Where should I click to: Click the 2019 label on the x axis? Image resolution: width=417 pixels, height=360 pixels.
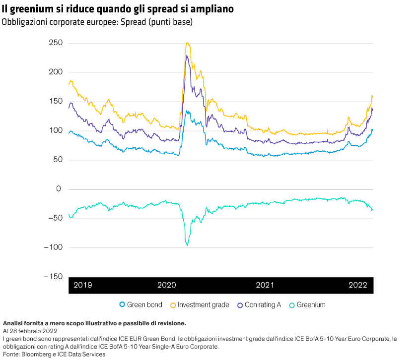[82, 285]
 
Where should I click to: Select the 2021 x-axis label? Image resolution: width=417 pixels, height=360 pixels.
[265, 285]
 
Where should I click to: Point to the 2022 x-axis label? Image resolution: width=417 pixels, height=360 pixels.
[357, 285]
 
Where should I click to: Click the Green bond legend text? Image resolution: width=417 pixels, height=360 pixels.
[144, 305]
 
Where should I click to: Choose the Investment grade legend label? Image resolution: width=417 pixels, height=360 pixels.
[204, 305]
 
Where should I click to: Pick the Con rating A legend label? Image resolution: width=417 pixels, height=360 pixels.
[263, 305]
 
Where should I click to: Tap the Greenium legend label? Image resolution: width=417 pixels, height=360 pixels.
[311, 305]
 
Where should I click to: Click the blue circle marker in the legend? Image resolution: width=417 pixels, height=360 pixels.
[122, 305]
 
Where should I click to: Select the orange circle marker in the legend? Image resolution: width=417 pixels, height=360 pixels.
[173, 305]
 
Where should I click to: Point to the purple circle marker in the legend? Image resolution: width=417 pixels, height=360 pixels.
[240, 305]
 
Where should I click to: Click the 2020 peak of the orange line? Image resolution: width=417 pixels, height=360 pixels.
[186, 43]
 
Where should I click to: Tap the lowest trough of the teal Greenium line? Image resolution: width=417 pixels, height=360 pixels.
[187, 245]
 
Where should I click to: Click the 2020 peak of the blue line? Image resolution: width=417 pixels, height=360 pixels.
[186, 111]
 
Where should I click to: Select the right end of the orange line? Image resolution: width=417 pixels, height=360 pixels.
[372, 96]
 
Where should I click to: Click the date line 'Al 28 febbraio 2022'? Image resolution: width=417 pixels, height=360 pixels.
[30, 331]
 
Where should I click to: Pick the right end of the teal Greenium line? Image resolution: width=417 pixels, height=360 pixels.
[372, 210]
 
